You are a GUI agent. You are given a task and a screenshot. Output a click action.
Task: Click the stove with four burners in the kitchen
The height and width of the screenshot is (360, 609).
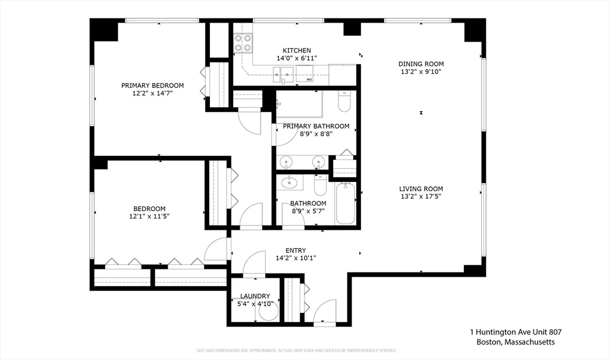[x=242, y=43]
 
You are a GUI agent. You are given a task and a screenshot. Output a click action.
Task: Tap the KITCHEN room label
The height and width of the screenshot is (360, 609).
[x=297, y=51]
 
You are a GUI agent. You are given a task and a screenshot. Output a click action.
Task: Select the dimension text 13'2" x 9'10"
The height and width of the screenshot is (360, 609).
[x=420, y=72]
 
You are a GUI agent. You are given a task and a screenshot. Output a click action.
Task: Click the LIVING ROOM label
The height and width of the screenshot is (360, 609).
[x=420, y=189]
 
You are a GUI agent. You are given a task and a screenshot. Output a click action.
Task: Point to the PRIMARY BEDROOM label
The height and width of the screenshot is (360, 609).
[x=153, y=85]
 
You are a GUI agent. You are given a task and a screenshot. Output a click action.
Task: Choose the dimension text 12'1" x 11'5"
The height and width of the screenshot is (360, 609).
[x=149, y=217]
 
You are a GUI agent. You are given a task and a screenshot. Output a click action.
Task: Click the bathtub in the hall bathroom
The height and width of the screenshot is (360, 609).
[x=346, y=204]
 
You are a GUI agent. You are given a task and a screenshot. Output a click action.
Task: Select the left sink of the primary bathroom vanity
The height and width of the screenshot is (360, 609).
[x=287, y=162]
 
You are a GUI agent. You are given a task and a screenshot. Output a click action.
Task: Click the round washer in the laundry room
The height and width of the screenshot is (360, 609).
[x=269, y=314]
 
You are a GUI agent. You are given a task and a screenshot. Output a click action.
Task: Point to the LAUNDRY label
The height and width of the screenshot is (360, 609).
[x=255, y=296]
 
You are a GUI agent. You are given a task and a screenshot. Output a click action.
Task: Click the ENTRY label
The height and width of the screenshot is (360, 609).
[x=296, y=251]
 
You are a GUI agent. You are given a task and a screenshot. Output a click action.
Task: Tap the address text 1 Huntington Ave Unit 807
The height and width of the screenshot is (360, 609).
[x=516, y=332]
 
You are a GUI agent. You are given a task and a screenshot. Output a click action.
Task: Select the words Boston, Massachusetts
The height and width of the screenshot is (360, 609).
[x=516, y=342]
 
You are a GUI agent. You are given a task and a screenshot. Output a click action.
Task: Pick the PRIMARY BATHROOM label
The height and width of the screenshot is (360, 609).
[x=316, y=126]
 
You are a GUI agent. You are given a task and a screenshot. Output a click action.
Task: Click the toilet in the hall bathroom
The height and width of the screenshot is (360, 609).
[x=321, y=186]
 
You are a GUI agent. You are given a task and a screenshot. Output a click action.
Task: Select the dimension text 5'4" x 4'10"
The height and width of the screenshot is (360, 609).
[x=255, y=304]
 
